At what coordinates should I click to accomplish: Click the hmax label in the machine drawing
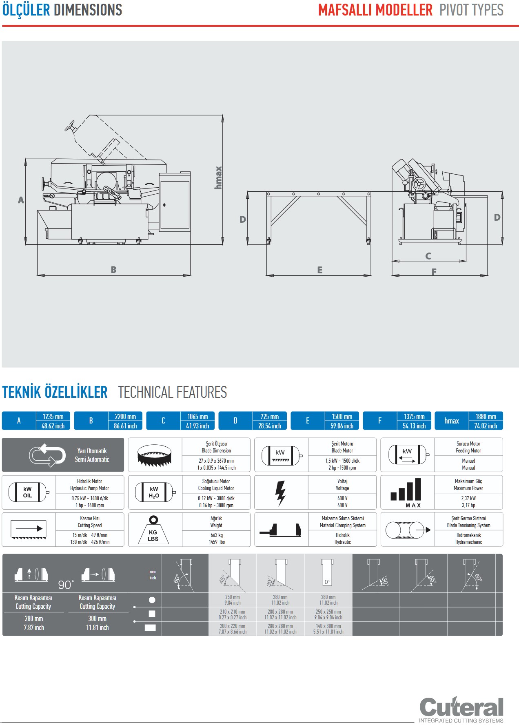click(218, 177)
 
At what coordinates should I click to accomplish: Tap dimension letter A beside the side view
click(21, 200)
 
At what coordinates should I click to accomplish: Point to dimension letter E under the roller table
click(320, 270)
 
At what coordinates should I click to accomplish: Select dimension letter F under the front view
click(434, 272)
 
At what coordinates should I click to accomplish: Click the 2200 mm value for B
click(125, 417)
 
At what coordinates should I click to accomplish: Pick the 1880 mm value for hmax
click(486, 417)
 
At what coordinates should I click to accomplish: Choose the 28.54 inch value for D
click(269, 426)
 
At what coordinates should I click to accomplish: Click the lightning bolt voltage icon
click(280, 492)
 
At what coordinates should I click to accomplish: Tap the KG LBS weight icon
click(153, 530)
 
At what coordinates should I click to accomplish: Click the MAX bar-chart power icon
click(406, 492)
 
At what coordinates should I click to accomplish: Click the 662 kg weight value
click(217, 535)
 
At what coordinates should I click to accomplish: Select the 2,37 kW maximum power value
click(468, 498)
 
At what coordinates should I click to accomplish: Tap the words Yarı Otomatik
click(92, 451)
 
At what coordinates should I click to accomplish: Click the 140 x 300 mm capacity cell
click(328, 626)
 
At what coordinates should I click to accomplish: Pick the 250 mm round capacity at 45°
click(232, 597)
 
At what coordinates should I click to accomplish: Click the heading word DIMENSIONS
click(88, 10)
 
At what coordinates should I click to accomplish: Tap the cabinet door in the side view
click(175, 205)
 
